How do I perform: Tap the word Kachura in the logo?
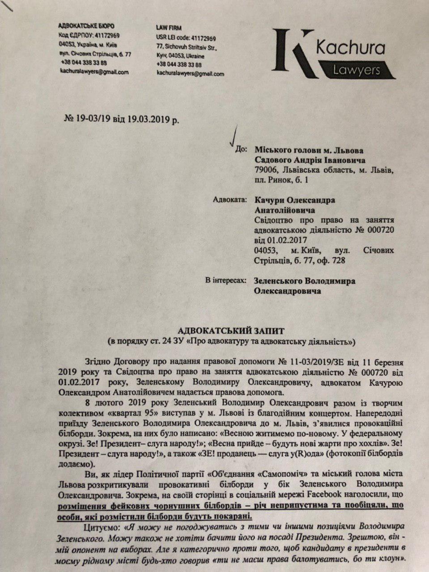click(x=350, y=47)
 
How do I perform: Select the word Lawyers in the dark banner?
click(x=356, y=70)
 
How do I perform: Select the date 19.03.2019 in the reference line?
click(x=150, y=119)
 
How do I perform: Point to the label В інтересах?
click(x=225, y=281)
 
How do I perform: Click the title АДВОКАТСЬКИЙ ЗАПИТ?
click(x=231, y=331)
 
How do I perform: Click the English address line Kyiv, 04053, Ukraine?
click(x=180, y=57)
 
